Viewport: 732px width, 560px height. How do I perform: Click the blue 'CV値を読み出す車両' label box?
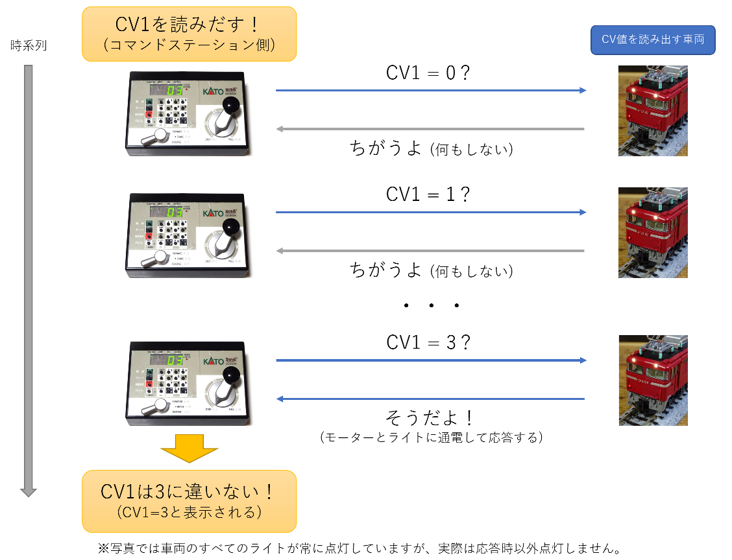[653, 40]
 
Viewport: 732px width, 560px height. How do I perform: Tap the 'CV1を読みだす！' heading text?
[188, 25]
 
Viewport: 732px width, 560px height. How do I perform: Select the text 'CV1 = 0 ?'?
[428, 73]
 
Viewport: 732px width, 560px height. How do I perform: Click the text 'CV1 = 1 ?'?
[428, 194]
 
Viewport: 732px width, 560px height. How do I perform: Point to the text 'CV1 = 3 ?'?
[428, 342]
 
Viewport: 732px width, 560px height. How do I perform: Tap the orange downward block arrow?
[189, 448]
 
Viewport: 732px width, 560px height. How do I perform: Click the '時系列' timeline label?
[29, 46]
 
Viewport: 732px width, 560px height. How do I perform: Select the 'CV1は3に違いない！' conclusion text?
[188, 491]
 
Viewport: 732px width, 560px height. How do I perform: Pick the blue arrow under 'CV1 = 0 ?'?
[431, 91]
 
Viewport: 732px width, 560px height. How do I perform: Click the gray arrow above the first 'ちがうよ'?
[431, 129]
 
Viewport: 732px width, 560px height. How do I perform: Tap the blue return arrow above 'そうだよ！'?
[431, 399]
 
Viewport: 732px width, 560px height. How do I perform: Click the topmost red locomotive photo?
[653, 111]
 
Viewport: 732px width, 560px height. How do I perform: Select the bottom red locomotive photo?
[653, 380]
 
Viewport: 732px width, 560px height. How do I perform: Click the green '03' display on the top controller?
[174, 91]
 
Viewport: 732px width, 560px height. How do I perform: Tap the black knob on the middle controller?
[230, 226]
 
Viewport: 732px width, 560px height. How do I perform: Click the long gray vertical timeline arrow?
[28, 279]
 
